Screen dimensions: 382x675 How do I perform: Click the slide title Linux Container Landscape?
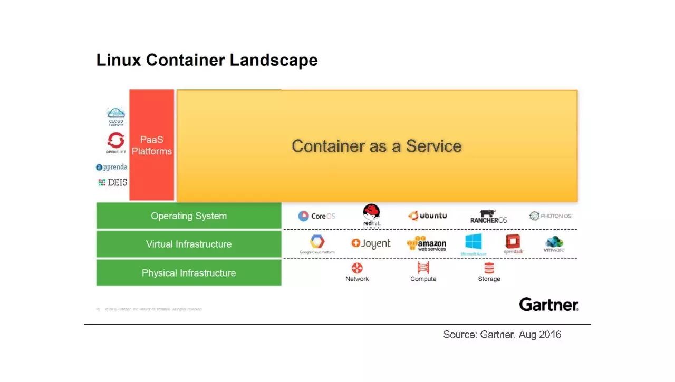pos(207,60)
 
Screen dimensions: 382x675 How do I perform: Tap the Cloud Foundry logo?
pos(115,116)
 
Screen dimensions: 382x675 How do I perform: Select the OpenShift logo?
pos(115,142)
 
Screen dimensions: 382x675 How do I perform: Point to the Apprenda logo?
pos(112,167)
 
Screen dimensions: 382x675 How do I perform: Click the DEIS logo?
pos(112,182)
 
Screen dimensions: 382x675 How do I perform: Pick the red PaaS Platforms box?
pos(152,145)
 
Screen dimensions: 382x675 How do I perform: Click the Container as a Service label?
pos(377,146)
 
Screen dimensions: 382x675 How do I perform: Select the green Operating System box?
pos(188,216)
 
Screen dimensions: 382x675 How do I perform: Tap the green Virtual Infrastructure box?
pos(188,244)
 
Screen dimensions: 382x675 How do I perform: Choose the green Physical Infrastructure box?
pos(188,273)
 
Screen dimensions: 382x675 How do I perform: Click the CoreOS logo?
pos(316,216)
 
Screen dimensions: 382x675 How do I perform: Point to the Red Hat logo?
pos(371,215)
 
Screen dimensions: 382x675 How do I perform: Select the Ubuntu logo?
pos(427,216)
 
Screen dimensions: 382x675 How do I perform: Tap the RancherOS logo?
pos(488,217)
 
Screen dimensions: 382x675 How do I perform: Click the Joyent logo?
pos(371,243)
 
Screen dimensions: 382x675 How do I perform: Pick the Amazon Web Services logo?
pos(427,244)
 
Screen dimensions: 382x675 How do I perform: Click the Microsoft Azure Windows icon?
pos(473,242)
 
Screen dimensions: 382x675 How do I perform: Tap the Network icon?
pos(357,268)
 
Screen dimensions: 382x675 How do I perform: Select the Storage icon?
pos(489,268)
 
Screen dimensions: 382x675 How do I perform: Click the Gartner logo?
pos(548,305)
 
